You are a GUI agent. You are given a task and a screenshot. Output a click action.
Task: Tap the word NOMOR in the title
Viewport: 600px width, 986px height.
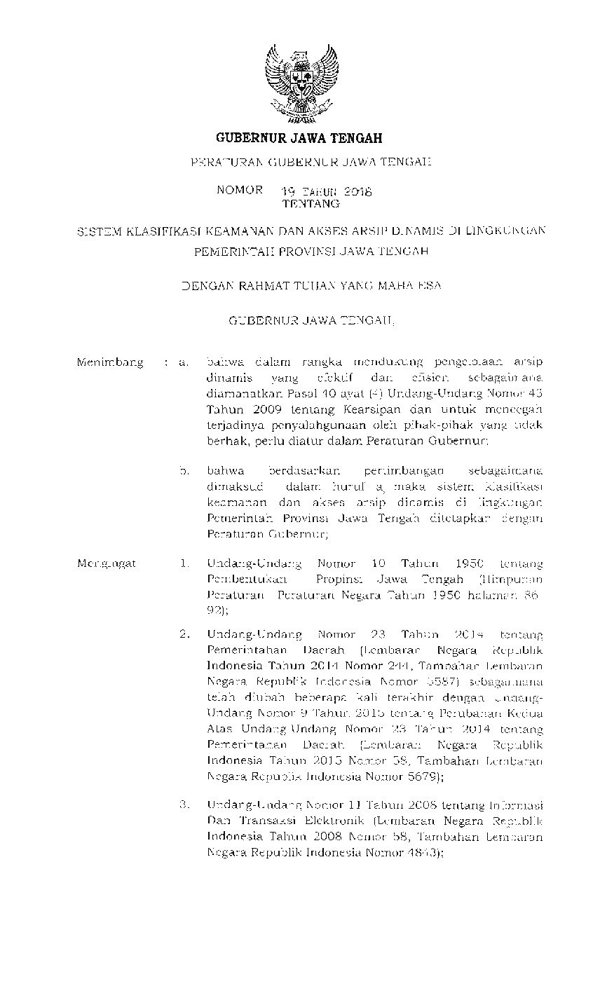coord(240,190)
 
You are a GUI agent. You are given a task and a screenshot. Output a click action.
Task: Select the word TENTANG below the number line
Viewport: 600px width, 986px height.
coord(311,204)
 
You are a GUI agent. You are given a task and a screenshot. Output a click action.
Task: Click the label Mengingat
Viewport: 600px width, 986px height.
coord(107,563)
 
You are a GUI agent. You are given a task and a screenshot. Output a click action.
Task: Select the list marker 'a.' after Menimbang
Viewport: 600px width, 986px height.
coord(185,362)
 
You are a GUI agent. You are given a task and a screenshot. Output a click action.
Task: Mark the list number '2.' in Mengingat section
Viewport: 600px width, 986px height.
coord(185,635)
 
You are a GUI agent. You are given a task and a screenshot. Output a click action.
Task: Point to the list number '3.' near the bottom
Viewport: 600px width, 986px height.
coord(185,804)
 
